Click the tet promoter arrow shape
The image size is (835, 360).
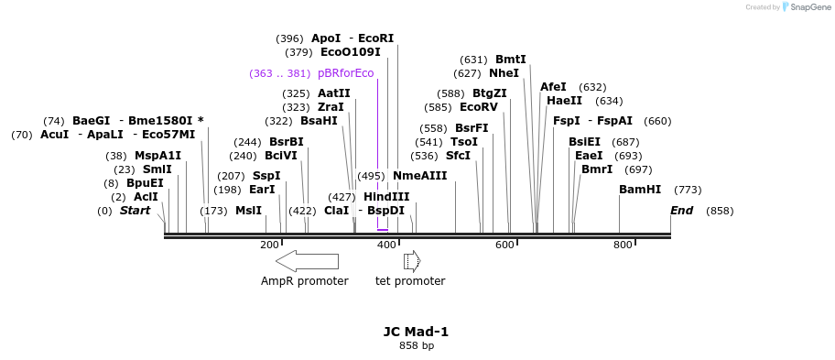click(412, 261)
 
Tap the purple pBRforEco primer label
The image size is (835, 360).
click(345, 73)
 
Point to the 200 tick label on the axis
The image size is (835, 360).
click(269, 245)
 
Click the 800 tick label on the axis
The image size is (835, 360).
click(623, 245)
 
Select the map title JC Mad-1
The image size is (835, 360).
click(416, 332)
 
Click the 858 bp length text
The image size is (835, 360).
click(416, 346)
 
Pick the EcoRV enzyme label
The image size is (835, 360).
click(479, 106)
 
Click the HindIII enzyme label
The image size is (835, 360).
click(386, 196)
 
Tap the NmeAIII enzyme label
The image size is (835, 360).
click(419, 175)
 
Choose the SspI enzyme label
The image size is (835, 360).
click(266, 175)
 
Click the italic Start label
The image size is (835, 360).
click(135, 210)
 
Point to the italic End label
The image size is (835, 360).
click(681, 210)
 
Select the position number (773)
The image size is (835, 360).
click(688, 190)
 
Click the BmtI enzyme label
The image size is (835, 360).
click(511, 60)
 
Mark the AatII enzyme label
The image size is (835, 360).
click(333, 93)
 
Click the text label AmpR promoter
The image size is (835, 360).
click(304, 281)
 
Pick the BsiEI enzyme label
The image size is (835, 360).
click(584, 142)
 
